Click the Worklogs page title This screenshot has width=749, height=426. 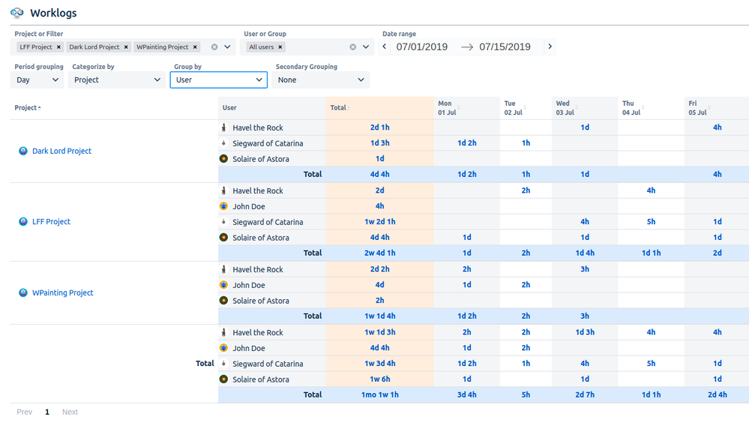[53, 13]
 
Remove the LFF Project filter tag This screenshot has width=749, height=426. [58, 47]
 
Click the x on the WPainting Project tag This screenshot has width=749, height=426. [196, 47]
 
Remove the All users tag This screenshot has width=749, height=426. [280, 47]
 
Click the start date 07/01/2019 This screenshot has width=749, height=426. [422, 46]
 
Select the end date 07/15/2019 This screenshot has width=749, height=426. [505, 46]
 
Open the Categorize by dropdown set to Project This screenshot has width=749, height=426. [117, 79]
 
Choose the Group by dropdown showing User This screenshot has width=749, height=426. [218, 79]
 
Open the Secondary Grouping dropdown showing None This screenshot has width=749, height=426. [320, 79]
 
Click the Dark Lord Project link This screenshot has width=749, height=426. [61, 151]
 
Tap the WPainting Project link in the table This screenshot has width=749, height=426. [62, 292]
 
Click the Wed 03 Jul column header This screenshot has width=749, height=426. [565, 108]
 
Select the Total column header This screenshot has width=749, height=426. [338, 108]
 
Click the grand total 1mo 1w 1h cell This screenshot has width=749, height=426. [379, 394]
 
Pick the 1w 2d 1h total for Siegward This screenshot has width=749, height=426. [379, 222]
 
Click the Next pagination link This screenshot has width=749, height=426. [70, 412]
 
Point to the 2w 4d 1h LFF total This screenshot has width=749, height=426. [379, 253]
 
